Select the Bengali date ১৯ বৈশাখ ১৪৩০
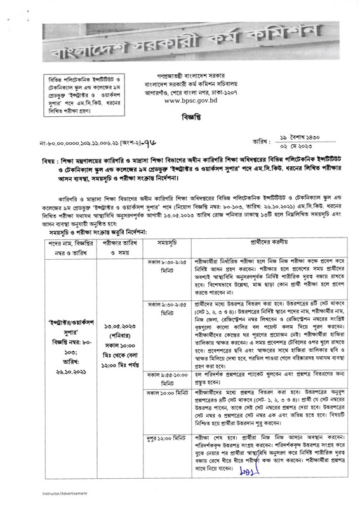[302, 130]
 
